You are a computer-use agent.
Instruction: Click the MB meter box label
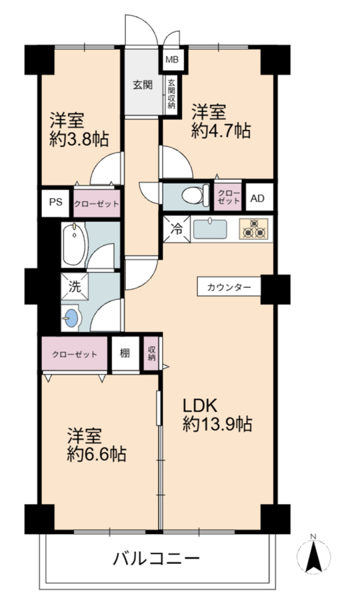(171, 60)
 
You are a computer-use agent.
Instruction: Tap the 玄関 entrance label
(143, 85)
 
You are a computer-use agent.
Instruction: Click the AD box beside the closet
(257, 199)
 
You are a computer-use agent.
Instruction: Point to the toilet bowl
(195, 195)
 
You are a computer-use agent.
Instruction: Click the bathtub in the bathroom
(74, 245)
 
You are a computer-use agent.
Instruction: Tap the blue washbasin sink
(71, 317)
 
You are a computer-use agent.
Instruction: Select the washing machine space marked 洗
(75, 287)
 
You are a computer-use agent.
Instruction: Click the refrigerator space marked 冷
(177, 229)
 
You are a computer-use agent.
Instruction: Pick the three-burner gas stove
(253, 229)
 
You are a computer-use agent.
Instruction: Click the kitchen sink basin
(210, 229)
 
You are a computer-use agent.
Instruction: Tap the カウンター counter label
(229, 287)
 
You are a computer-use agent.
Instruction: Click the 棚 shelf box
(125, 353)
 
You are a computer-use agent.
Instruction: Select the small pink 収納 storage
(151, 354)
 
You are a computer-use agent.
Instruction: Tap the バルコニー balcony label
(156, 559)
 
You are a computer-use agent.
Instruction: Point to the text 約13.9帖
(217, 424)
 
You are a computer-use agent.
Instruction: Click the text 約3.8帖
(79, 139)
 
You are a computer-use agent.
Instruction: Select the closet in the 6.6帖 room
(75, 354)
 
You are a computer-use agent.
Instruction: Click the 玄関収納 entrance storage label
(171, 94)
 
